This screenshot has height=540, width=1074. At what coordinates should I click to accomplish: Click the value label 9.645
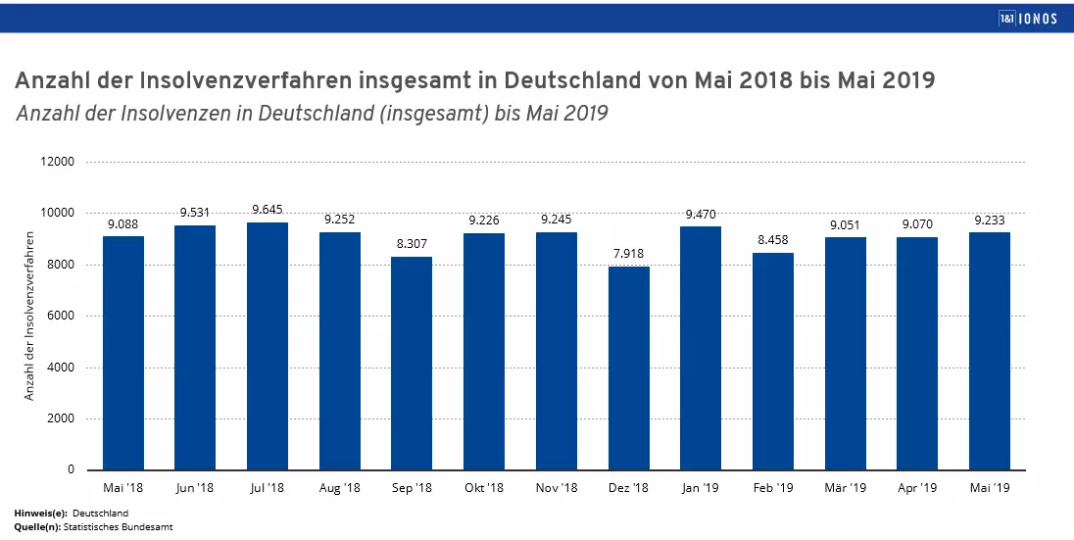coord(268,209)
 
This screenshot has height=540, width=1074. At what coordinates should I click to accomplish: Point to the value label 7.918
coord(628,253)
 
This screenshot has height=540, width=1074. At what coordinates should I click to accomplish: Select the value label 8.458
coord(773,239)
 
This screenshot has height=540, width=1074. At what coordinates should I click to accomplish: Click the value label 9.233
coord(990,220)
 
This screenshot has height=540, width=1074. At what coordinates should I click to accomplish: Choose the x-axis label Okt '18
coord(484,487)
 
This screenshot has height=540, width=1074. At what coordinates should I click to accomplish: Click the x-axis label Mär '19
coord(845,487)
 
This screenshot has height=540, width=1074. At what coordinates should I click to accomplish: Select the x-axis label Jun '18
coord(195,487)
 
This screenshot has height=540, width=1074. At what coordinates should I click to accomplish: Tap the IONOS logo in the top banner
coord(1027,18)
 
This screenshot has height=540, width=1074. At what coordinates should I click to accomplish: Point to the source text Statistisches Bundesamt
coord(119,527)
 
